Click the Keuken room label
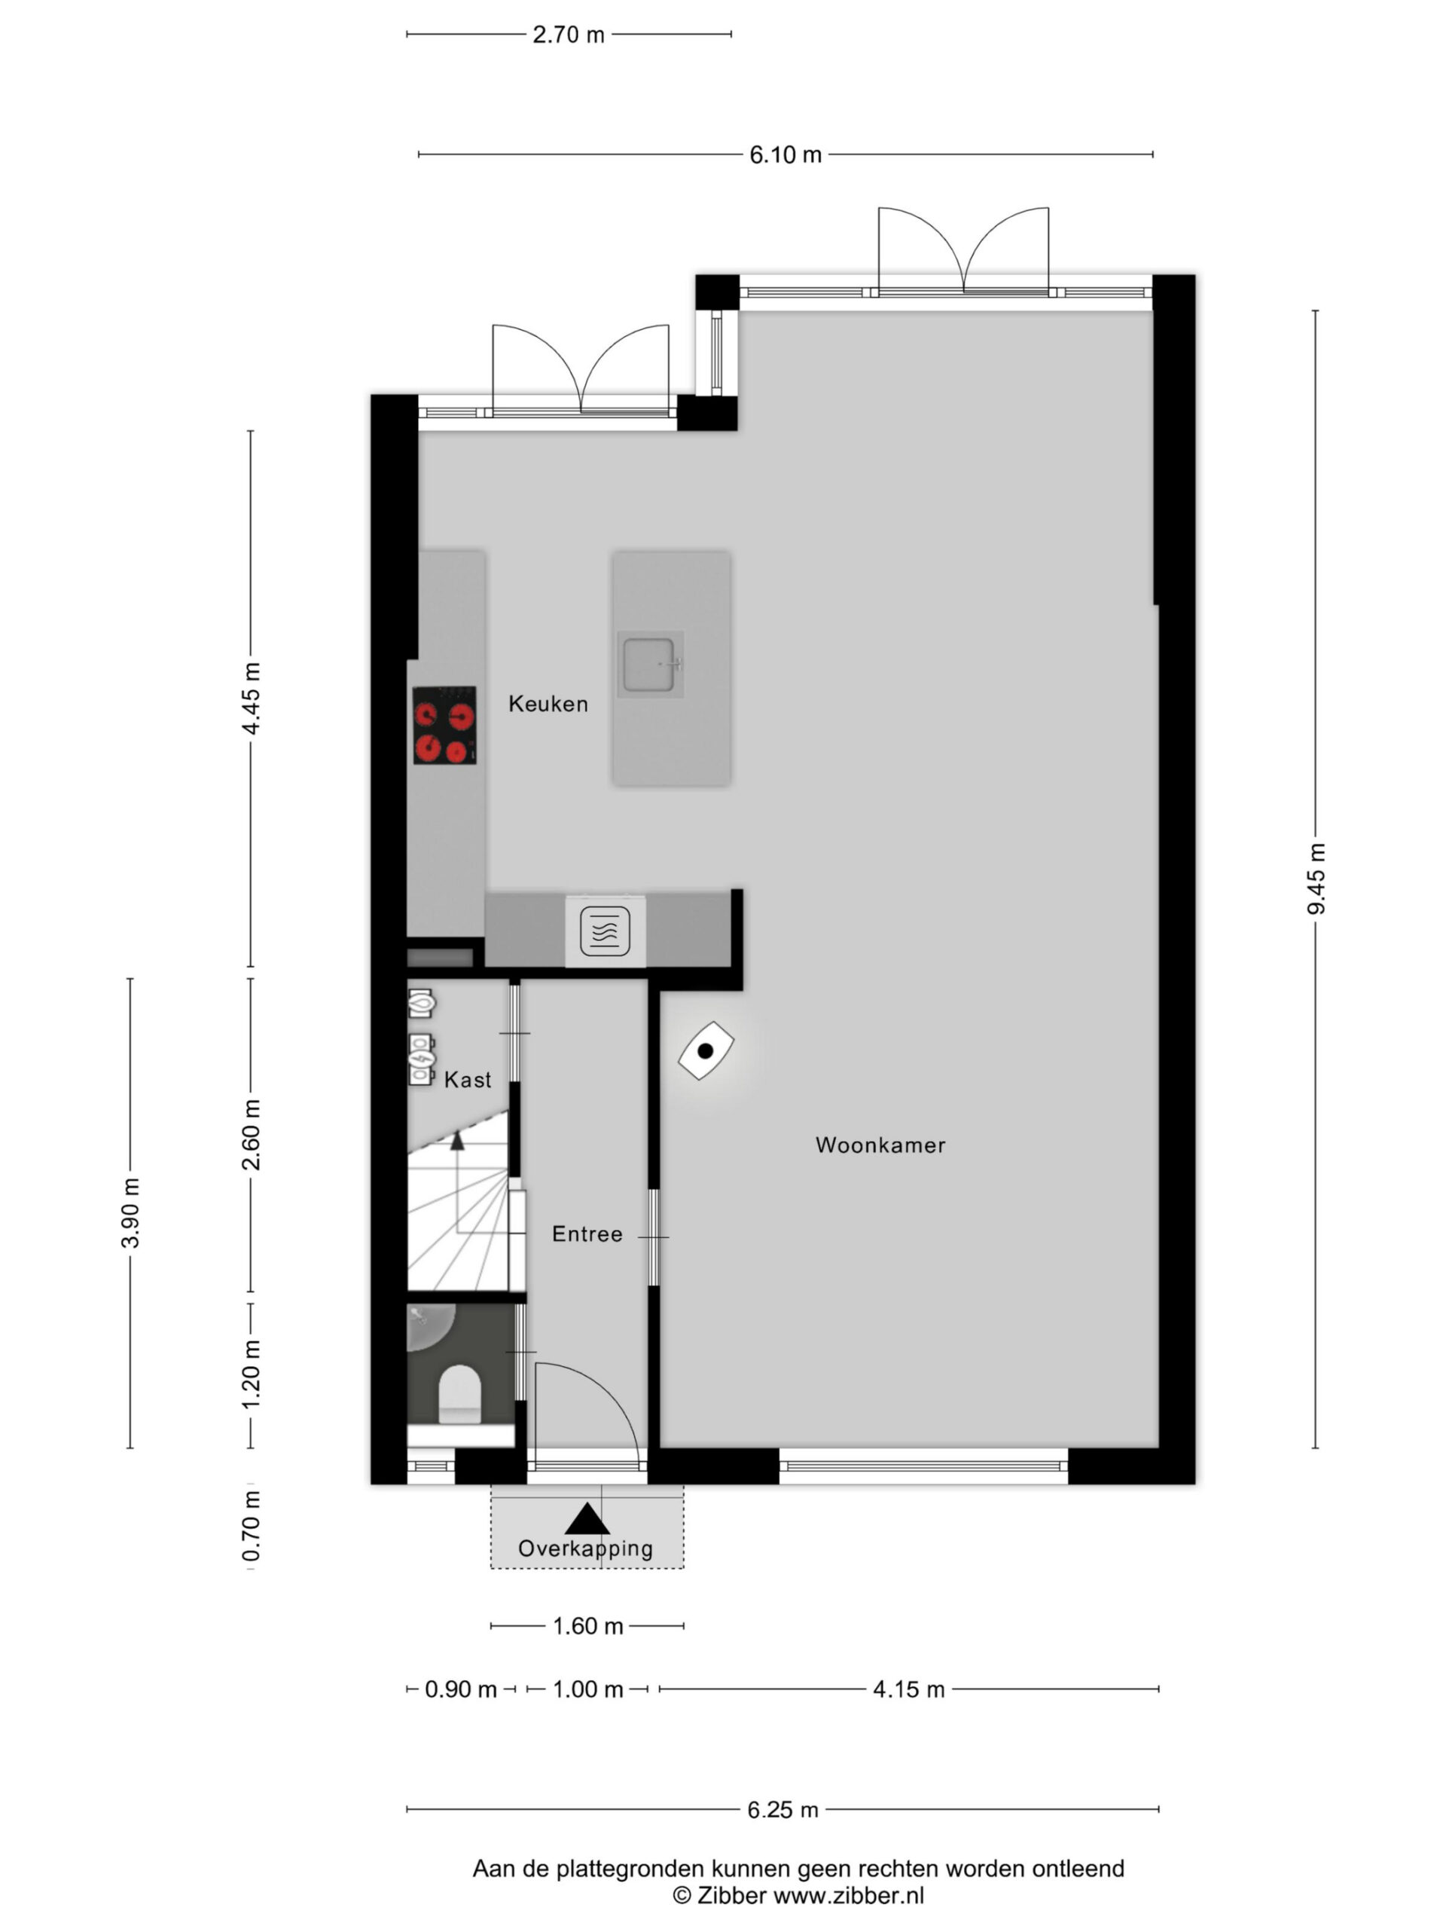pyautogui.click(x=548, y=704)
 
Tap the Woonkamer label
pyautogui.click(x=880, y=1145)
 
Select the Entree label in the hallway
pyautogui.click(x=587, y=1234)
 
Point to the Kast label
pyautogui.click(x=467, y=1080)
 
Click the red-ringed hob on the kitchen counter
pyautogui.click(x=444, y=726)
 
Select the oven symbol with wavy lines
pyautogui.click(x=605, y=931)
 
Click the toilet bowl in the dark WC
pyautogui.click(x=459, y=1393)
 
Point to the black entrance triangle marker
pyautogui.click(x=587, y=1519)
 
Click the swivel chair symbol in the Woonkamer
pyautogui.click(x=706, y=1051)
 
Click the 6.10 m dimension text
pyautogui.click(x=786, y=155)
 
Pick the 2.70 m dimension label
pyautogui.click(x=569, y=35)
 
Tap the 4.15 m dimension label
pyautogui.click(x=909, y=1689)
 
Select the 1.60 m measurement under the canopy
pyautogui.click(x=587, y=1626)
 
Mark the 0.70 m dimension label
pyautogui.click(x=251, y=1525)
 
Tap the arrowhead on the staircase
pyautogui.click(x=456, y=1141)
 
